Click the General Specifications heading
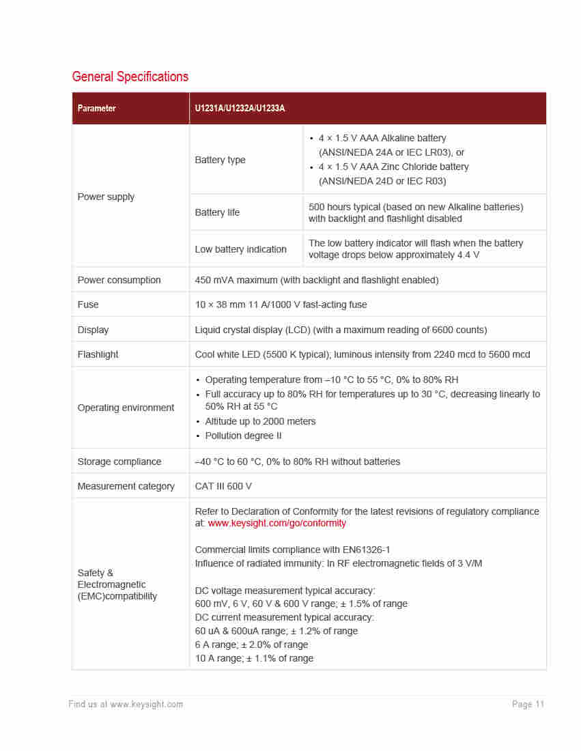point(130,76)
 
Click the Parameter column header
point(96,109)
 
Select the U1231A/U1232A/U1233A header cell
point(240,109)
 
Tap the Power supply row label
point(106,197)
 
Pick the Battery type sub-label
point(220,160)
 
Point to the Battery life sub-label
point(217,212)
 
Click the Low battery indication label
point(240,249)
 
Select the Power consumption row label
point(119,280)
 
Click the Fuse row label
point(88,304)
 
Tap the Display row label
point(93,330)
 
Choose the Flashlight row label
point(98,354)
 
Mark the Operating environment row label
point(126,408)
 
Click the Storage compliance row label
point(119,462)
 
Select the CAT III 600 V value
point(223,486)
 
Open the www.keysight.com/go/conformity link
point(277,523)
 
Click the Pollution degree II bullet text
point(243,436)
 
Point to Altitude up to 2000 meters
point(260,421)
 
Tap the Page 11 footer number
point(528,704)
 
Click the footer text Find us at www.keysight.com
point(126,704)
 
